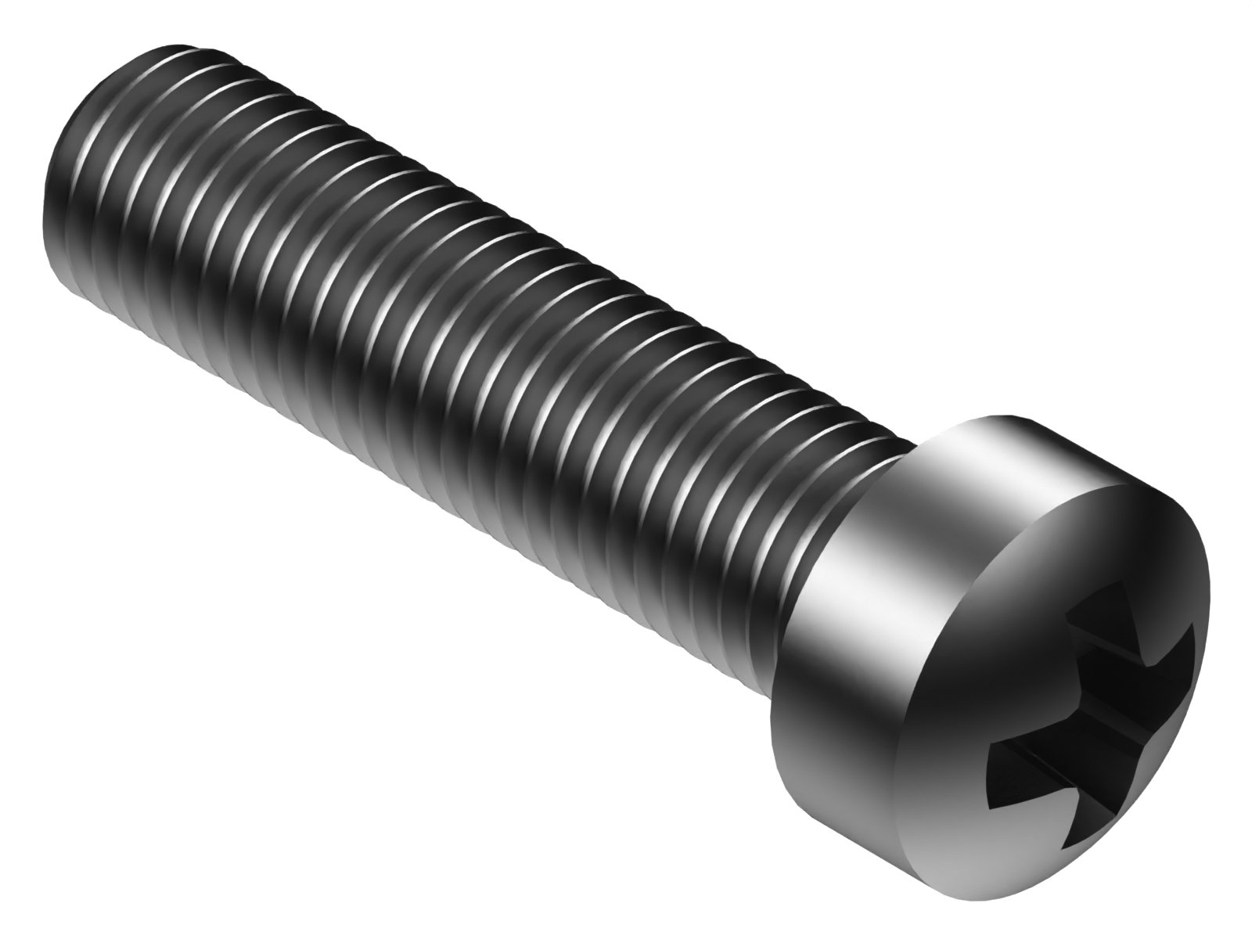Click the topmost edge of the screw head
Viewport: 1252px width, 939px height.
[1009, 416]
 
